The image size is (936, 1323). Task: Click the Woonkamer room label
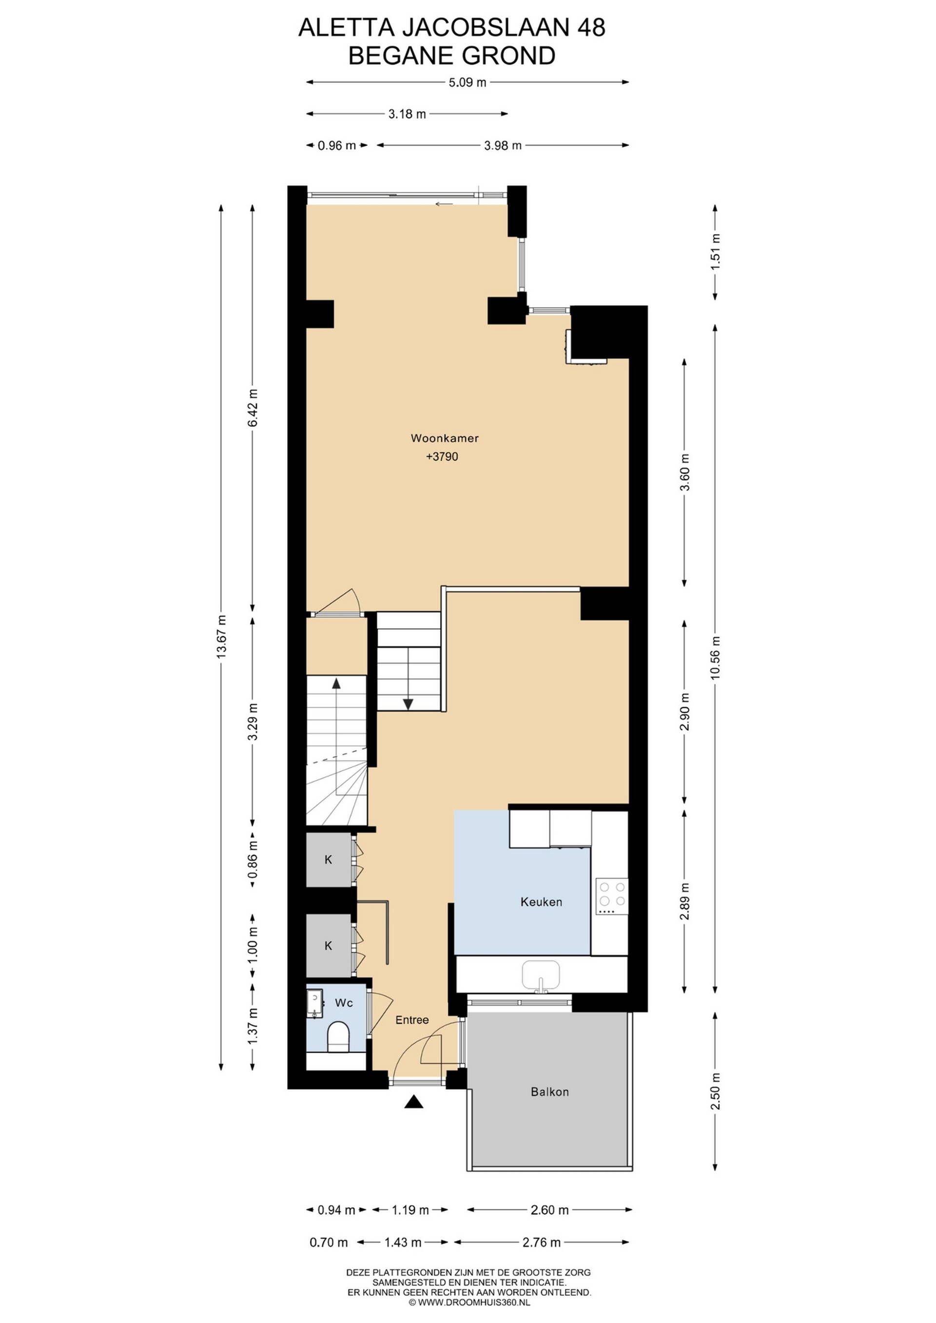point(445,438)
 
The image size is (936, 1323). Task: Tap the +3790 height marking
point(442,457)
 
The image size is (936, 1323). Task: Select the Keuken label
point(541,902)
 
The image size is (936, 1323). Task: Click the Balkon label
point(550,1091)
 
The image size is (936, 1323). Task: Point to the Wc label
point(344,1003)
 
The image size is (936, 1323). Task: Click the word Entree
point(412,1020)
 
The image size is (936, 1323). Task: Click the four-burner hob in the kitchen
point(611,896)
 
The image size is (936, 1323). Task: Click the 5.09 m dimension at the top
point(468,82)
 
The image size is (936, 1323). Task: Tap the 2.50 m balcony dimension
point(715,1091)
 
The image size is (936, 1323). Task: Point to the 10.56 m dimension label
point(715,658)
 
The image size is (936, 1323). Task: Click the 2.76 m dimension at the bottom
point(541,1243)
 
